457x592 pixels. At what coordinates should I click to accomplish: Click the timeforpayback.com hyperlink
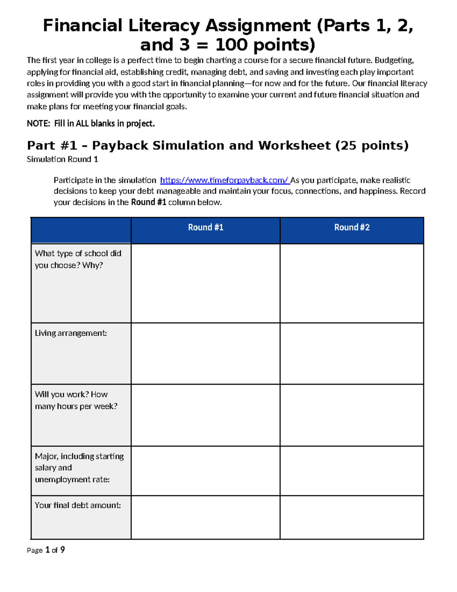[x=224, y=180]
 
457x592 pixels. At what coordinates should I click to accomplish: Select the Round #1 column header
[x=206, y=228]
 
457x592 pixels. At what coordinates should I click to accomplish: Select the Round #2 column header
[x=352, y=228]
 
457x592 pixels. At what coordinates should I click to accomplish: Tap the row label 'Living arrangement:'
[x=71, y=333]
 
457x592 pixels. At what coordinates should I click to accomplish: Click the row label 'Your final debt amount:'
[x=78, y=505]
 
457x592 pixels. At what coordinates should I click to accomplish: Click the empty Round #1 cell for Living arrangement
[x=206, y=354]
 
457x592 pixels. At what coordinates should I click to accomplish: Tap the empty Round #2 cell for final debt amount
[x=352, y=517]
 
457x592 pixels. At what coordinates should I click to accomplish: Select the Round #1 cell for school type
[x=206, y=283]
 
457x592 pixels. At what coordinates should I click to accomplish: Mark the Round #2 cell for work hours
[x=352, y=415]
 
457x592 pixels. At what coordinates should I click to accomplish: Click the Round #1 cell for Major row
[x=206, y=471]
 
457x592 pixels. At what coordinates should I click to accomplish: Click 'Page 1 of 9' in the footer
[x=46, y=550]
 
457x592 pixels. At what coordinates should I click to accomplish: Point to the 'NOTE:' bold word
[x=38, y=124]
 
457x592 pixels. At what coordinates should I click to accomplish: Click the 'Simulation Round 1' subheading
[x=62, y=159]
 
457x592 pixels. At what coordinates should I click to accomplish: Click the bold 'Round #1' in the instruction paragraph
[x=149, y=202]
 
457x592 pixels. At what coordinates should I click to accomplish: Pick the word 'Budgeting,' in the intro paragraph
[x=394, y=60]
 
